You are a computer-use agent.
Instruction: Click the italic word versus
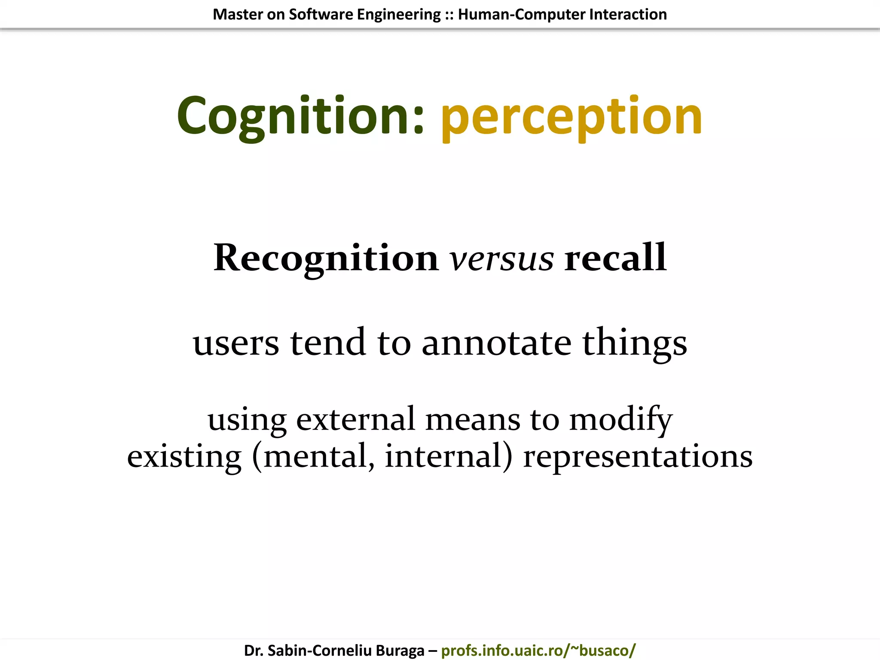pos(501,259)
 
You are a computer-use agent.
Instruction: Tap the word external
pos(355,419)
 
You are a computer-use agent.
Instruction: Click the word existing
pos(184,457)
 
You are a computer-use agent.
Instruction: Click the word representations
pos(638,457)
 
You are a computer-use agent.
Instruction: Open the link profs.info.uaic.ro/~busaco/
pos(538,650)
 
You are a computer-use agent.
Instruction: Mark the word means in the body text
pos(473,419)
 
